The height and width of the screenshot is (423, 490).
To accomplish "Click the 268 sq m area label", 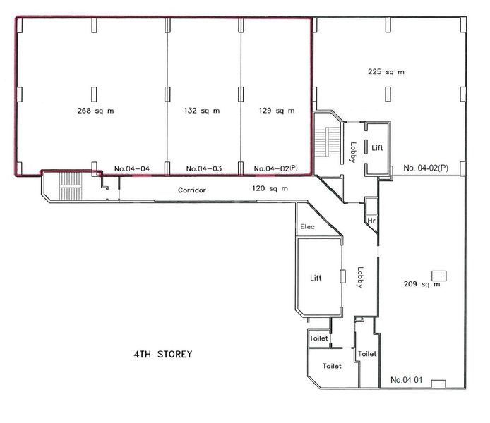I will point(95,111).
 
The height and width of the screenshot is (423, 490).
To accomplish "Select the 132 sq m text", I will point(201,111).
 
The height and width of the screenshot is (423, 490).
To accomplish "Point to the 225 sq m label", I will point(386,72).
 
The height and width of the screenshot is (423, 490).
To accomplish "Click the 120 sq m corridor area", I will point(270,189).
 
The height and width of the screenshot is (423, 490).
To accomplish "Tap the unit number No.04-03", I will point(204,168).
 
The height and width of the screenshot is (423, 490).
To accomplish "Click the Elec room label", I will point(307,227).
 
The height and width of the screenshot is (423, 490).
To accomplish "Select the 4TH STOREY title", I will point(163,354).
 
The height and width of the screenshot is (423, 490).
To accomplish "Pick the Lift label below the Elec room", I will point(316,278).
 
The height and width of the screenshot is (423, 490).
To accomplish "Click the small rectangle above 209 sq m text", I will point(438,274).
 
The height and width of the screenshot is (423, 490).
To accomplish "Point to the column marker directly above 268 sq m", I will point(94,93).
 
